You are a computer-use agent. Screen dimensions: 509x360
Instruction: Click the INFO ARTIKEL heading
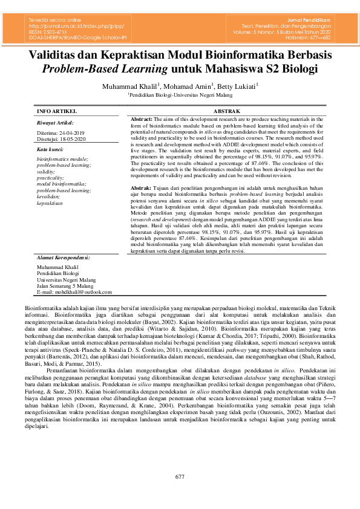57,112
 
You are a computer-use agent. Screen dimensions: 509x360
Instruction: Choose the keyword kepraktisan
50,203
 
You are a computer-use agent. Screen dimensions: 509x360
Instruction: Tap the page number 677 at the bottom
180,477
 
